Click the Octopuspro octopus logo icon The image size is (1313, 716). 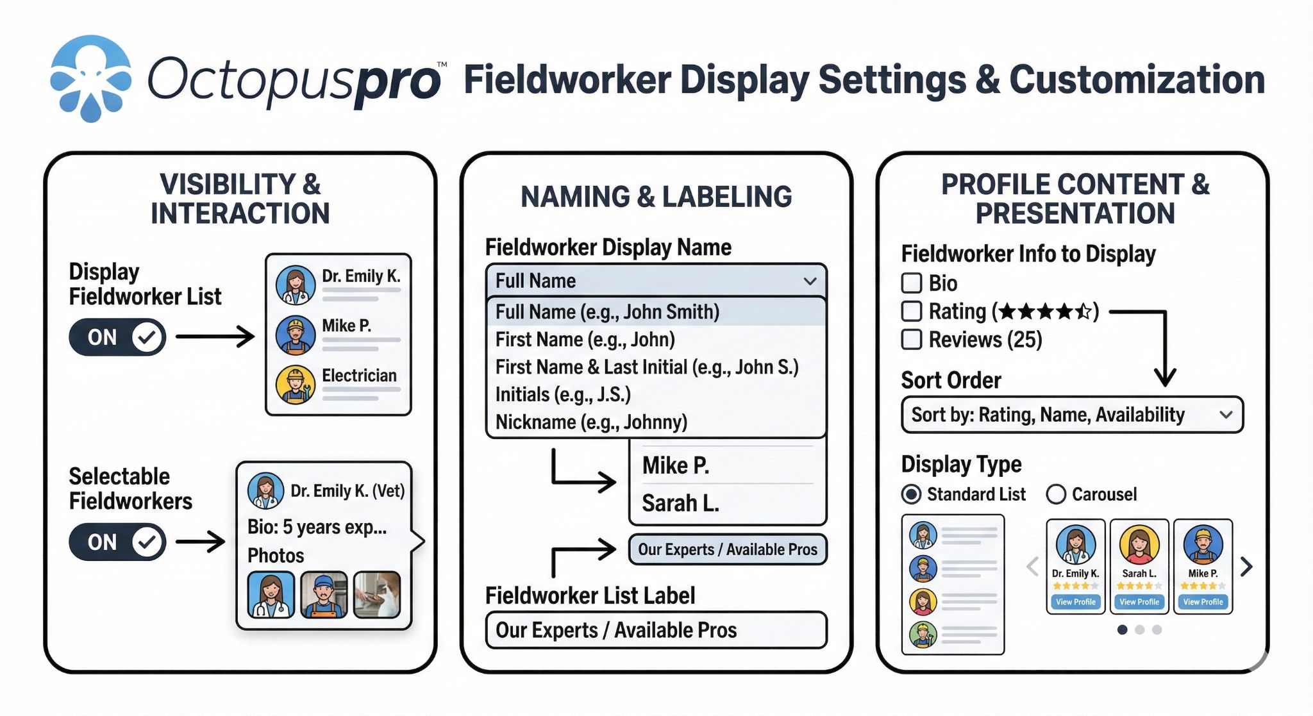90,79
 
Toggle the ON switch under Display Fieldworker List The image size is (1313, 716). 117,337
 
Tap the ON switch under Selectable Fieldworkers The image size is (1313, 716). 117,542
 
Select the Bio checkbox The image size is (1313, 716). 912,283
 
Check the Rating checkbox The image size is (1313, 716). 912,312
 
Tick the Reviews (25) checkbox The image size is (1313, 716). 912,339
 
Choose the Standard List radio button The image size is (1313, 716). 911,494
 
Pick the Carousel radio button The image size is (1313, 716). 1056,494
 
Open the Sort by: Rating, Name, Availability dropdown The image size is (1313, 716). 1072,415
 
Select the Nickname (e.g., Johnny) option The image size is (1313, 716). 591,422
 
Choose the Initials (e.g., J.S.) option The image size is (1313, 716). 563,394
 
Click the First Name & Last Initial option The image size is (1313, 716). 647,367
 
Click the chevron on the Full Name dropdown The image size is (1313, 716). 810,281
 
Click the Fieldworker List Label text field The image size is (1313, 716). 656,630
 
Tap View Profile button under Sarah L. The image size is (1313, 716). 1139,602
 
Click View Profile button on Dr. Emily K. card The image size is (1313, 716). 1076,602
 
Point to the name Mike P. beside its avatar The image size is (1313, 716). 346,326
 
